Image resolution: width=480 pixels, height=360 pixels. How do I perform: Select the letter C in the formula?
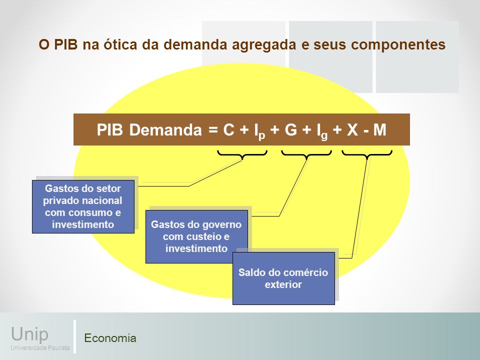tap(228, 130)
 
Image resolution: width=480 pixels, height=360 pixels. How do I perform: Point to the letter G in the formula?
tap(291, 130)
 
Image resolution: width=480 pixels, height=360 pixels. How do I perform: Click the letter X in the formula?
tap(352, 130)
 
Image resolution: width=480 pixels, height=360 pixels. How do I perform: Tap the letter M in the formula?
tap(379, 130)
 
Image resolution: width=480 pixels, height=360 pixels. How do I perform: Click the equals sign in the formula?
tap(213, 130)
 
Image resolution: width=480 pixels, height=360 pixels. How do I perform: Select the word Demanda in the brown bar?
tap(165, 130)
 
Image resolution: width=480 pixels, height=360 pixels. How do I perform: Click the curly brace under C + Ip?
tap(242, 154)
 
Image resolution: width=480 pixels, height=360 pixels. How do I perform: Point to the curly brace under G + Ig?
tap(306, 154)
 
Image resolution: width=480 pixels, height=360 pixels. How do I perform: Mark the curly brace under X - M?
tap(367, 154)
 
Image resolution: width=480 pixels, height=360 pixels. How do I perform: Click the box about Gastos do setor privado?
tap(83, 206)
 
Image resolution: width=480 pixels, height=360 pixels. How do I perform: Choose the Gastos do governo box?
tap(196, 236)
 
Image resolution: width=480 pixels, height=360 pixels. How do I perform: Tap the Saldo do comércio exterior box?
tap(283, 278)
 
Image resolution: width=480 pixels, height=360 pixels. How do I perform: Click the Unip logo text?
tap(29, 334)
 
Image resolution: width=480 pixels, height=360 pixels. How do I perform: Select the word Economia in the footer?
tap(110, 338)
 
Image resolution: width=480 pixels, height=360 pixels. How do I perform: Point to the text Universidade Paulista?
tap(40, 348)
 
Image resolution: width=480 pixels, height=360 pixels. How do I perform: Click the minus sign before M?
tap(366, 131)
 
